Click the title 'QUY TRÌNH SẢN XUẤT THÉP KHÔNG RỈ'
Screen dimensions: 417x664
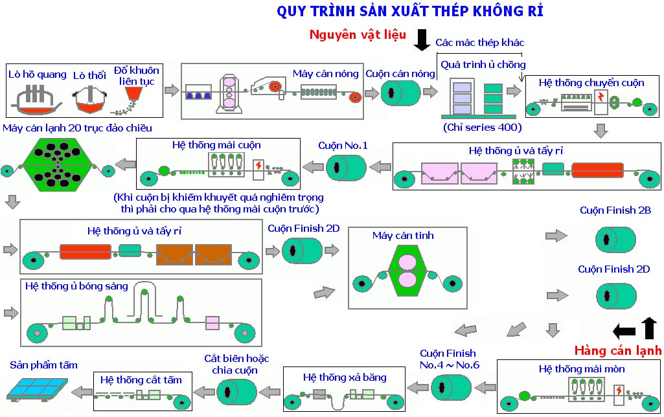(x=409, y=12)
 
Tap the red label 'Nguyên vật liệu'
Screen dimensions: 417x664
(x=358, y=36)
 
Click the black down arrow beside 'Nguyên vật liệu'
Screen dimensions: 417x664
(x=422, y=39)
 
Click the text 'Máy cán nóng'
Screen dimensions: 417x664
(x=325, y=73)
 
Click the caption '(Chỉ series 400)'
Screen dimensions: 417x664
(x=483, y=127)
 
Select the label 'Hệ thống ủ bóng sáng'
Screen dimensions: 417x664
(x=77, y=285)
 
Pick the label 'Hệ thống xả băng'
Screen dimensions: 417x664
(x=345, y=377)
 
